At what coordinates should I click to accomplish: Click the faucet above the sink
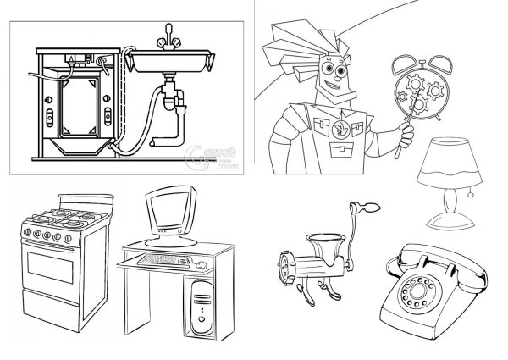tap(168, 36)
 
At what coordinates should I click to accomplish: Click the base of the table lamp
tap(450, 223)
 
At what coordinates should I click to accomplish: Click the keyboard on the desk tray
tap(164, 258)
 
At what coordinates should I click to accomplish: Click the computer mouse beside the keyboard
tap(201, 265)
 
